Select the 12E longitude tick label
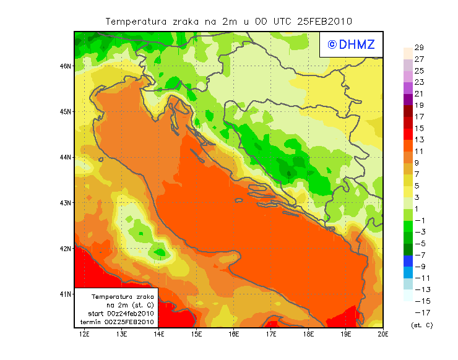pyautogui.click(x=84, y=335)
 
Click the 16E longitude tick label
pyautogui.click(x=234, y=335)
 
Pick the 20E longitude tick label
pyautogui.click(x=383, y=335)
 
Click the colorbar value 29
pyautogui.click(x=419, y=48)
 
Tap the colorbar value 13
pyautogui.click(x=419, y=140)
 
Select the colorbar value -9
pyautogui.click(x=419, y=267)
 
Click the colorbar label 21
pyautogui.click(x=419, y=94)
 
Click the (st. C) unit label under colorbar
pyautogui.click(x=421, y=325)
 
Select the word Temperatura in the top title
pyautogui.click(x=136, y=21)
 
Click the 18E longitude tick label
pyautogui.click(x=309, y=335)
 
